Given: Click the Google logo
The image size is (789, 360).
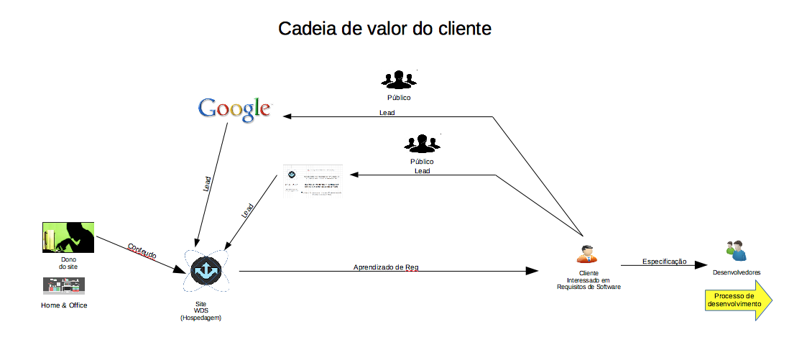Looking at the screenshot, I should [x=234, y=109].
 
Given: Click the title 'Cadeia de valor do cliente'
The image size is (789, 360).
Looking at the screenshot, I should [x=384, y=29].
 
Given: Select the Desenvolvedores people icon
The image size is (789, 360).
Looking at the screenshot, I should [x=737, y=251].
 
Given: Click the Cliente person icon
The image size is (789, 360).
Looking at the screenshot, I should [x=586, y=254].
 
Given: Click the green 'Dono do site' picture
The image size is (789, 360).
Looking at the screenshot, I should [x=68, y=237].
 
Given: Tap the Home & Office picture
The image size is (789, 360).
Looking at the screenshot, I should [x=64, y=286].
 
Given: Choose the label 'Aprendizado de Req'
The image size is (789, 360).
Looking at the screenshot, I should [x=386, y=267].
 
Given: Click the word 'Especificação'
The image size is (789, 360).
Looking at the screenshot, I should [x=664, y=261].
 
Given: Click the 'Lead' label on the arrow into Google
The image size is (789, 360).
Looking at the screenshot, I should [x=387, y=113].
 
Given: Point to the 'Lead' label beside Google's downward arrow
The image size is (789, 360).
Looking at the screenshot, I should [x=208, y=184].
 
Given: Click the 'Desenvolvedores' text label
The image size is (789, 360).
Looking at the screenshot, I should [x=737, y=272].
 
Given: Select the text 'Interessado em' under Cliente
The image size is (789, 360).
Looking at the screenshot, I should [x=588, y=280].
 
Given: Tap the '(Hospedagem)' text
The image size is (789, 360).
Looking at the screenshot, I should [x=200, y=318].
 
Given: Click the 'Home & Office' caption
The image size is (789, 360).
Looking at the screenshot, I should [x=64, y=305].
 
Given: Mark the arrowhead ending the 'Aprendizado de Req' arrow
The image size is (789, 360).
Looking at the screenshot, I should [x=532, y=271].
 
